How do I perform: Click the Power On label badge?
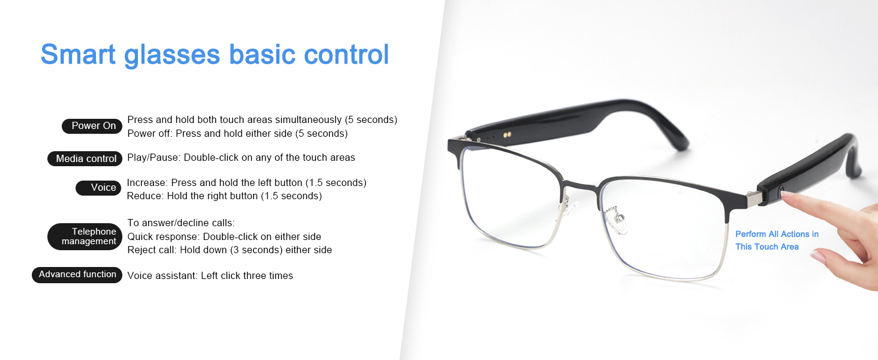92,126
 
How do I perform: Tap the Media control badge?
85,159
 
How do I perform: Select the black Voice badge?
99,188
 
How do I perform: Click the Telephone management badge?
85,236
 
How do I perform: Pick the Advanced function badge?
77,275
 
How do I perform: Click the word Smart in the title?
78,54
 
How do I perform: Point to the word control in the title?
346,54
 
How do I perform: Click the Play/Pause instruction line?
241,158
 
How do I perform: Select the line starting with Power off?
237,133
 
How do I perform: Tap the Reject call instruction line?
230,250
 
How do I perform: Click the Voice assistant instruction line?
210,276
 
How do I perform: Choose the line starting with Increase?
246,182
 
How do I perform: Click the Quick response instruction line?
224,236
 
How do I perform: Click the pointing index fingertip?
786,195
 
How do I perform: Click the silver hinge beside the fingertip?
751,198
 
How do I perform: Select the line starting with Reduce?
224,196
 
